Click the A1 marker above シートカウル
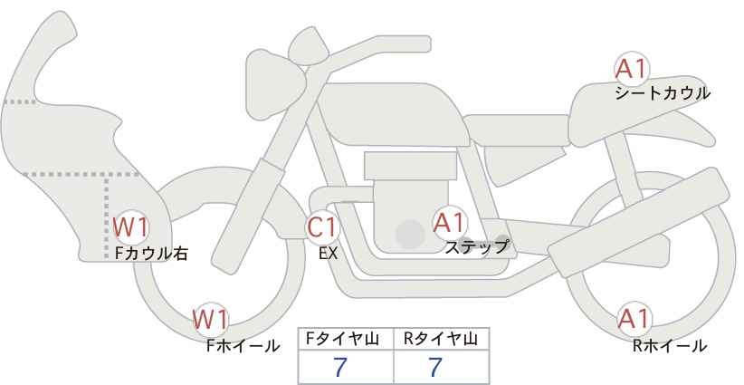click(x=632, y=70)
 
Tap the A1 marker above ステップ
click(x=450, y=223)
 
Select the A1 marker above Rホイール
click(x=634, y=319)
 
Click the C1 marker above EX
click(x=322, y=227)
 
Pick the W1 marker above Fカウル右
click(x=131, y=227)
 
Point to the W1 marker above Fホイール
click(x=211, y=319)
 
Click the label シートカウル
click(x=663, y=93)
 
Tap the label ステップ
click(x=476, y=247)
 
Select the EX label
click(x=328, y=254)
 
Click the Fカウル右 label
click(x=151, y=254)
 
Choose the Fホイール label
click(x=243, y=346)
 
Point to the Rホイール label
click(x=670, y=346)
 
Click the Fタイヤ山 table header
click(x=342, y=339)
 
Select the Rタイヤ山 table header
click(x=441, y=339)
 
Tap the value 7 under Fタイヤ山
click(x=340, y=367)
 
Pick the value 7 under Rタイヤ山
click(x=435, y=367)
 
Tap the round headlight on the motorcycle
click(x=275, y=85)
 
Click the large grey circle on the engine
click(x=410, y=234)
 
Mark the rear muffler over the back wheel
click(x=639, y=223)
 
